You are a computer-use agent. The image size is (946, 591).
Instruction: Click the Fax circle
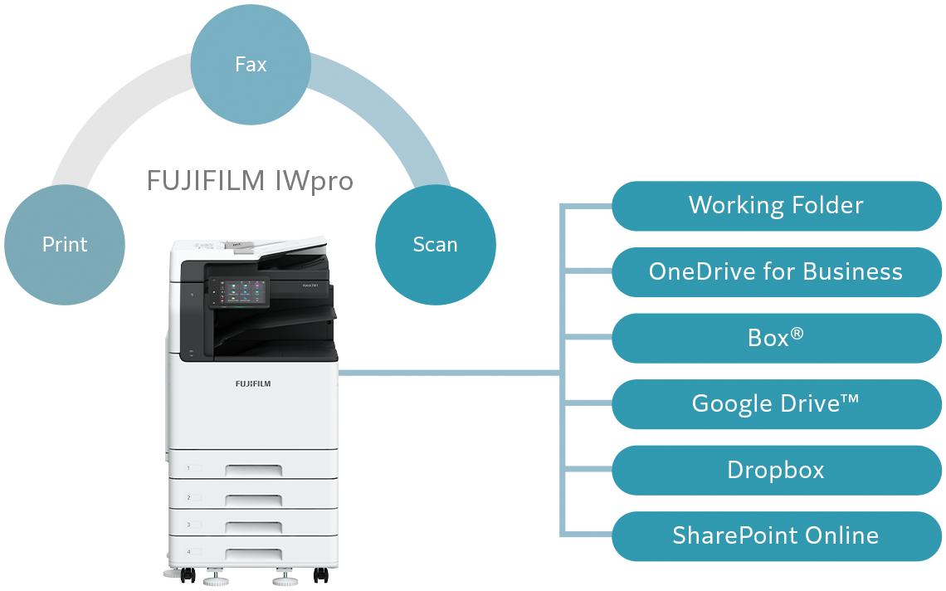(x=251, y=64)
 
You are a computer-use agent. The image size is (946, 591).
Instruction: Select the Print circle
(x=65, y=244)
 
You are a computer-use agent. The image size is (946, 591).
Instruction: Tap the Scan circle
(x=435, y=244)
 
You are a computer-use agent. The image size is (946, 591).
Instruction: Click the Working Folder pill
(x=776, y=206)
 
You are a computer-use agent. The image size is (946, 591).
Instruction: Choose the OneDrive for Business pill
(x=776, y=271)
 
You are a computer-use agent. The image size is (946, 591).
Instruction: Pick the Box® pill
(x=776, y=338)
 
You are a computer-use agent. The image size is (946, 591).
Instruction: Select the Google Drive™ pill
(x=776, y=404)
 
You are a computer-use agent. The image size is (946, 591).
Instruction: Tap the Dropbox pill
(x=776, y=470)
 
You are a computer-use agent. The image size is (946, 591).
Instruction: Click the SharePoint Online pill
(x=776, y=535)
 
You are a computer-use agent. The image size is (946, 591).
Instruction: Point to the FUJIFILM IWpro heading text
(x=250, y=181)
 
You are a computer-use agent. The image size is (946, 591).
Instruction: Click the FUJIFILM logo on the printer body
(x=252, y=384)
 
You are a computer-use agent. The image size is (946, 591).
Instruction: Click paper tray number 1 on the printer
(x=253, y=468)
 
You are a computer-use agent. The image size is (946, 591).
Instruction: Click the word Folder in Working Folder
(x=822, y=206)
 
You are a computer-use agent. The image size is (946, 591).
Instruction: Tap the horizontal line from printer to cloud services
(x=448, y=372)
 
